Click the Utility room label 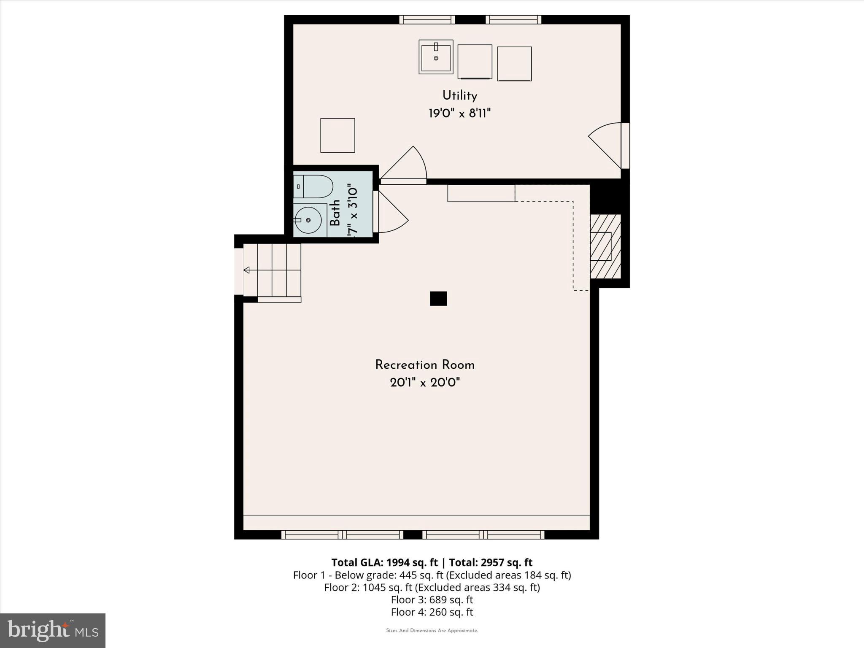pyautogui.click(x=459, y=96)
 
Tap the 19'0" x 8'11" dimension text pyautogui.click(x=459, y=113)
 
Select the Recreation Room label pyautogui.click(x=425, y=365)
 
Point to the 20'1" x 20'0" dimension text pyautogui.click(x=425, y=383)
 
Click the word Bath pyautogui.click(x=335, y=213)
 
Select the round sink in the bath pyautogui.click(x=308, y=220)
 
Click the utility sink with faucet pyautogui.click(x=436, y=57)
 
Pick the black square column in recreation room pyautogui.click(x=438, y=299)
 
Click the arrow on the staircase pyautogui.click(x=247, y=270)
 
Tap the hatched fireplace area pyautogui.click(x=605, y=246)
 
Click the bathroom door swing pyautogui.click(x=392, y=213)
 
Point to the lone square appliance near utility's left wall pyautogui.click(x=337, y=135)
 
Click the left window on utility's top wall pyautogui.click(x=427, y=19)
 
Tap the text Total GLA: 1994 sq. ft pyautogui.click(x=384, y=562)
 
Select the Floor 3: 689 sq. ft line pyautogui.click(x=432, y=599)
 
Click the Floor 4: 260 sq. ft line pyautogui.click(x=432, y=612)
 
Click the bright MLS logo pyautogui.click(x=53, y=630)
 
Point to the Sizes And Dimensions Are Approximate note pyautogui.click(x=432, y=631)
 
